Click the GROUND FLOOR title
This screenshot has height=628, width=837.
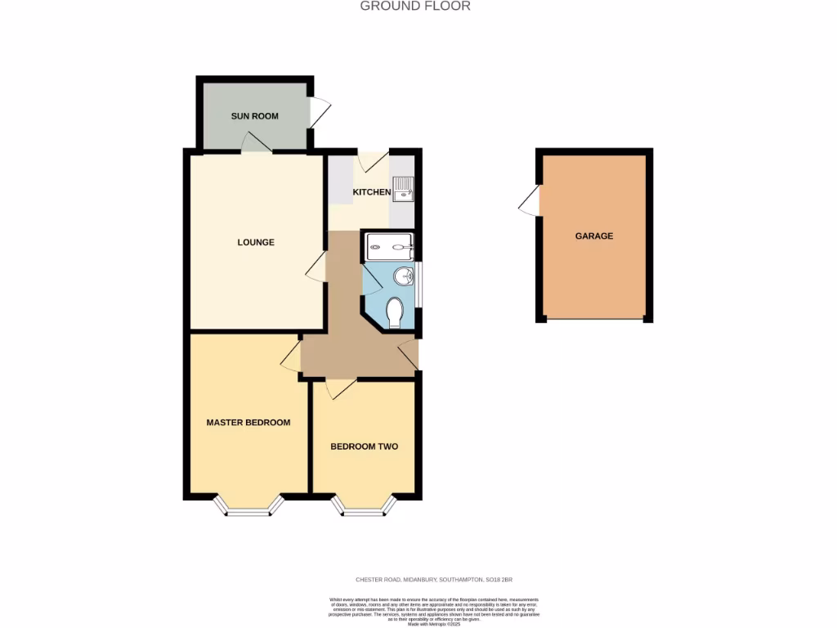click(415, 7)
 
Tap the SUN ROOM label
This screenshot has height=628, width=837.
click(254, 116)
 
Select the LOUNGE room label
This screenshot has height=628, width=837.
click(256, 242)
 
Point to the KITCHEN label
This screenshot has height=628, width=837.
click(371, 192)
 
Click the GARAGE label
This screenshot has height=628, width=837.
click(594, 235)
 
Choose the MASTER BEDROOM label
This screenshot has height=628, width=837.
click(248, 423)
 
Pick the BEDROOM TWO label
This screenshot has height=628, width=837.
click(364, 446)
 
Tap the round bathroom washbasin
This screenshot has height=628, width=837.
click(403, 276)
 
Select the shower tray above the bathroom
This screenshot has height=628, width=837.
click(390, 243)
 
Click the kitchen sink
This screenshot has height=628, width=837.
click(404, 191)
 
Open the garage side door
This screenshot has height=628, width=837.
click(530, 201)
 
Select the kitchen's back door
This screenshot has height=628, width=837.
click(373, 160)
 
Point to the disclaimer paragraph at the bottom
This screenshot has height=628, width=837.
click(434, 609)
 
